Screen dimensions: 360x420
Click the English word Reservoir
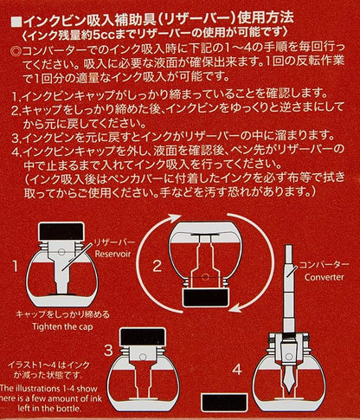(x=112, y=254)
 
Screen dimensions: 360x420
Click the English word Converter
(x=324, y=277)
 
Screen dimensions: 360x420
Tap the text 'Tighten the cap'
(x=62, y=326)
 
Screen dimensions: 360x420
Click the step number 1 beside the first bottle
(x=16, y=267)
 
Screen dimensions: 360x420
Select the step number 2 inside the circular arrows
(x=157, y=266)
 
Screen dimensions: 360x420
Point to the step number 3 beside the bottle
(x=108, y=350)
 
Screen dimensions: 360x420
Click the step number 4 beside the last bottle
(x=237, y=370)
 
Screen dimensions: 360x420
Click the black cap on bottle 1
(x=61, y=231)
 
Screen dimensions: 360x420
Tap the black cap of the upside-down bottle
(x=205, y=298)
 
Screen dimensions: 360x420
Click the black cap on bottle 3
(x=143, y=337)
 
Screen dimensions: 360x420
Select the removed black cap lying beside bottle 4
(x=224, y=403)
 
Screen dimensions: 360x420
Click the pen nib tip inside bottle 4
(x=289, y=393)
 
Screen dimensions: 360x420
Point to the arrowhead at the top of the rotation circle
(x=175, y=220)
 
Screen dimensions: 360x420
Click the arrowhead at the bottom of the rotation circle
(x=235, y=308)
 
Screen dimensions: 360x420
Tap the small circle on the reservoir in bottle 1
(x=61, y=252)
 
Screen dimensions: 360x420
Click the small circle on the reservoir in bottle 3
(x=143, y=357)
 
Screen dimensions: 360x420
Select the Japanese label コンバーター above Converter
(x=324, y=265)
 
